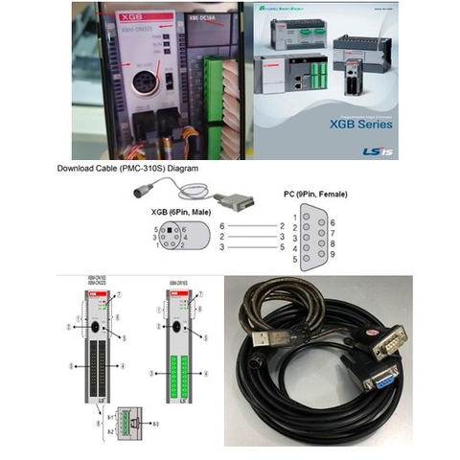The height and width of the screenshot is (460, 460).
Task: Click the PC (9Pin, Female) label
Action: tap(310, 195)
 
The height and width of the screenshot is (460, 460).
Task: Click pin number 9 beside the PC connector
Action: tap(331, 254)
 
